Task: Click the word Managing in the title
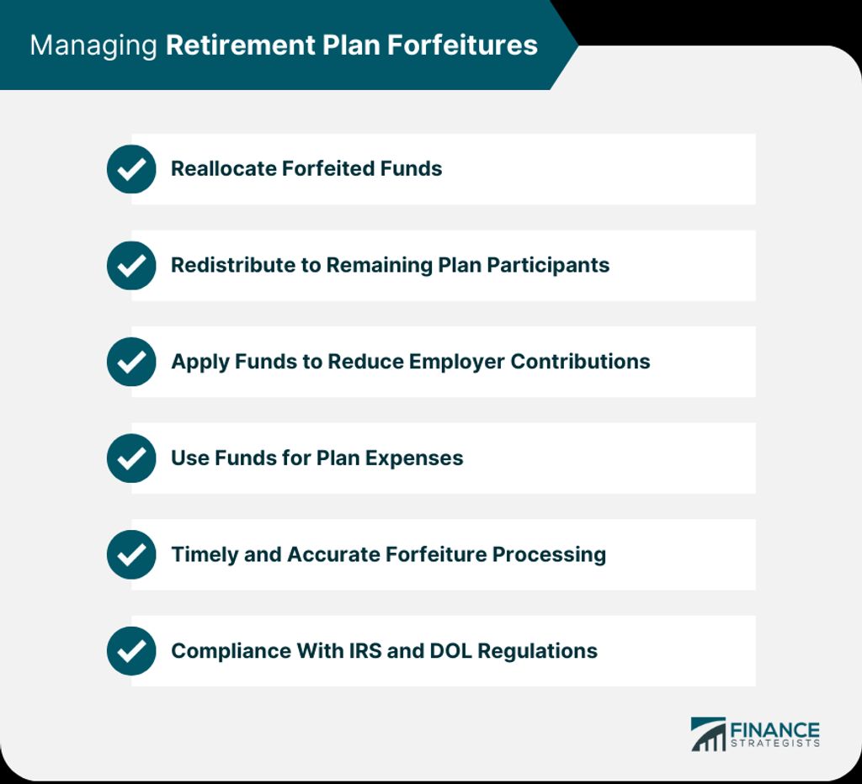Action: [x=93, y=46]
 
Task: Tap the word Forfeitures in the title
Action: [x=462, y=45]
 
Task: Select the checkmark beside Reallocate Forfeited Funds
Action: [x=131, y=169]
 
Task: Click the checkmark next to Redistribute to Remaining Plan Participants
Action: [x=131, y=265]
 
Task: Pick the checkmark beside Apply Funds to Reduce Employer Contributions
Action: [x=131, y=362]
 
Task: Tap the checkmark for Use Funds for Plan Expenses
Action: [x=131, y=458]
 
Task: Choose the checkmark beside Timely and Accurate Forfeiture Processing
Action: [x=131, y=554]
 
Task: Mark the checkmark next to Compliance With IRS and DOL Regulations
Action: [x=131, y=651]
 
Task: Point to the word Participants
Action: [x=548, y=265]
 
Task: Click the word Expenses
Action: [x=414, y=458]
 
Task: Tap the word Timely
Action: [x=205, y=555]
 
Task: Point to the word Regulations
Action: [x=537, y=652]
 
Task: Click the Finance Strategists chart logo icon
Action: [x=708, y=734]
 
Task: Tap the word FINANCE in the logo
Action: [x=774, y=731]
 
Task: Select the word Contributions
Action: [x=580, y=362]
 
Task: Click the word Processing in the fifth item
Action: [x=549, y=555]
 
